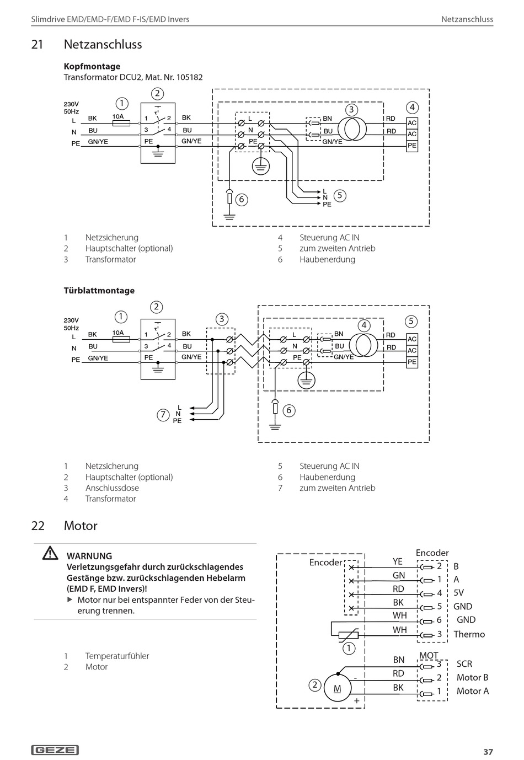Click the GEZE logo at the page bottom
click(x=55, y=750)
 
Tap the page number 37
click(x=488, y=752)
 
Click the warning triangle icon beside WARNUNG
click(x=50, y=553)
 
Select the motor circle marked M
click(x=338, y=688)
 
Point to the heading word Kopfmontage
click(x=92, y=67)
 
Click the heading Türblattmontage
click(x=99, y=291)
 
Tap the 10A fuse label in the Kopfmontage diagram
click(x=118, y=116)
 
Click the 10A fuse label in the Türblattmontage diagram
click(x=118, y=333)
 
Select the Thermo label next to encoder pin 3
click(x=469, y=634)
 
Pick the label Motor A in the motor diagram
click(x=473, y=691)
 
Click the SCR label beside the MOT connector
click(x=464, y=663)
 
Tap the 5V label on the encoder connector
click(x=458, y=593)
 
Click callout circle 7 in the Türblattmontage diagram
click(x=163, y=415)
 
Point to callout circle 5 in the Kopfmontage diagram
click(x=340, y=195)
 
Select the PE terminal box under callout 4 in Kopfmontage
click(x=412, y=146)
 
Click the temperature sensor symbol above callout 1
click(x=349, y=635)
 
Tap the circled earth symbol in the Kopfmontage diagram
click(x=261, y=166)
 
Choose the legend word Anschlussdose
click(x=112, y=488)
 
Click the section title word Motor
click(x=81, y=526)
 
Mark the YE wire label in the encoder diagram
click(x=398, y=561)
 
